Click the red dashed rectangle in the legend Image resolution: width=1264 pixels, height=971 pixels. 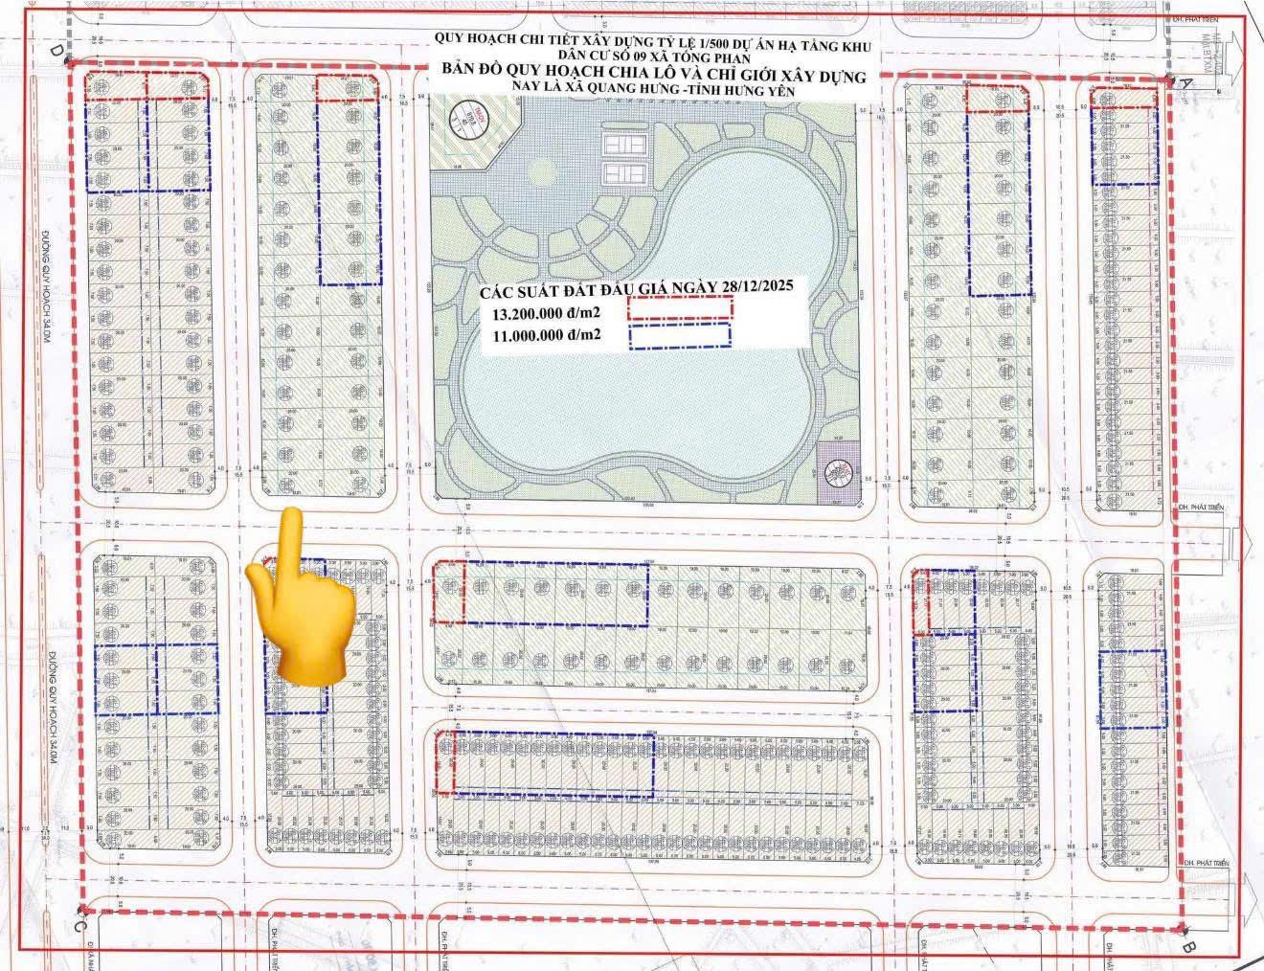(680, 308)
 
